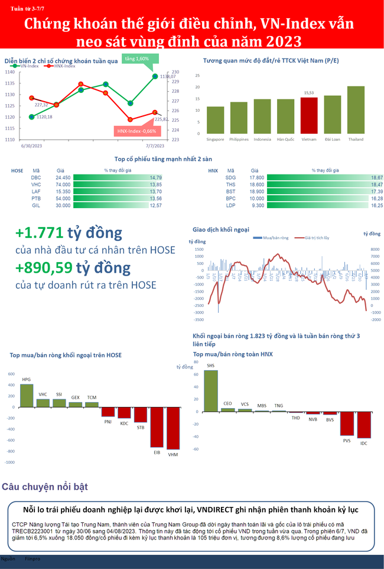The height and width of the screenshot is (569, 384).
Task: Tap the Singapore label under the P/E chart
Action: click(x=215, y=140)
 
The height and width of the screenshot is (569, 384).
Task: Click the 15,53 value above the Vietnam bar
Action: click(x=309, y=93)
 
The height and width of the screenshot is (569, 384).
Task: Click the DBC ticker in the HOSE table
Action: click(x=36, y=177)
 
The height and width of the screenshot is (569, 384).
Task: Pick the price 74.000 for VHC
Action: click(x=63, y=185)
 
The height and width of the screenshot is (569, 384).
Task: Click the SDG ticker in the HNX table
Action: click(x=230, y=177)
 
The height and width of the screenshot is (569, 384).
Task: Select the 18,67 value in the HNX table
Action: click(x=376, y=177)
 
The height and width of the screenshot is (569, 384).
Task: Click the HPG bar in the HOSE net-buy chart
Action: click(x=26, y=395)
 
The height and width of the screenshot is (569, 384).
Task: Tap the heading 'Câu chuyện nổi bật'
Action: click(x=45, y=487)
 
